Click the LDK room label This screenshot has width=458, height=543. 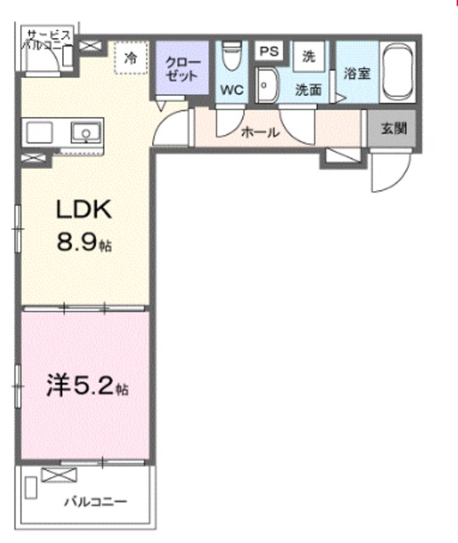point(84,209)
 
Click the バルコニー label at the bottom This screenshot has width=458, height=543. point(96,501)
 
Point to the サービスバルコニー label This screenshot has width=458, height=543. point(48,41)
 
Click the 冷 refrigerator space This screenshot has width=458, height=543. point(131,58)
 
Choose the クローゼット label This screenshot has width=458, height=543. point(183,70)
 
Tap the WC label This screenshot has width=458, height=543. point(232,90)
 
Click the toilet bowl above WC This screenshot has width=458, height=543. point(232,55)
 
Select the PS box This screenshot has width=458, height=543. point(269,51)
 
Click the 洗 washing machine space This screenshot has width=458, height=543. point(308,56)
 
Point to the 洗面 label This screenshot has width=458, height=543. point(308,90)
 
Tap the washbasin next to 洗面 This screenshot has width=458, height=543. point(267,85)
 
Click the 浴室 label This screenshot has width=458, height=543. point(357,74)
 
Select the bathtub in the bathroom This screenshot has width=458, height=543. point(398,72)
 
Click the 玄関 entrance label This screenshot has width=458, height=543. point(394,128)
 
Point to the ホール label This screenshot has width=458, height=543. point(260,132)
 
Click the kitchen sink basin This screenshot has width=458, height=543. point(86,132)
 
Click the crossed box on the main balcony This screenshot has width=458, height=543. point(59,474)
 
